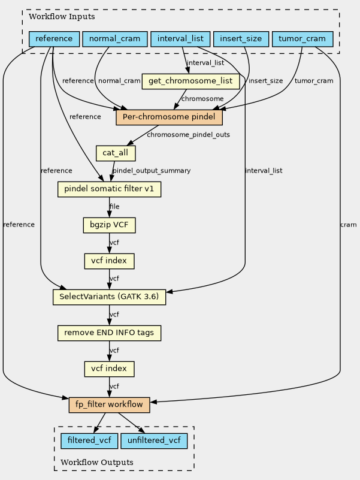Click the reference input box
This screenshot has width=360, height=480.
point(54,39)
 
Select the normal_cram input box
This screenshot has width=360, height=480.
point(115,39)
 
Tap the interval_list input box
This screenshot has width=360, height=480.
point(180,39)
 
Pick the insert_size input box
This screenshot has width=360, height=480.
point(241,39)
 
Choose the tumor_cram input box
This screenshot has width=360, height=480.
point(302,39)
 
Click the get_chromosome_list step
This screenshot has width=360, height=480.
point(190,81)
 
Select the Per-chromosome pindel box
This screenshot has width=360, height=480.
point(169,117)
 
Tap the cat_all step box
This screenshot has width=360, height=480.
point(116,153)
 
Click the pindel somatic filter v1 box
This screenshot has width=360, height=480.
point(109,189)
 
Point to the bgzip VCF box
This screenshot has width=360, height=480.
point(109,225)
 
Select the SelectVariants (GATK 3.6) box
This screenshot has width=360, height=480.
point(109,297)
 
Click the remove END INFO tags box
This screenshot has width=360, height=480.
point(109,333)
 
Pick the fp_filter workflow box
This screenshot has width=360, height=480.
point(109,404)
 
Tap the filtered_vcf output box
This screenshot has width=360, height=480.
point(89,441)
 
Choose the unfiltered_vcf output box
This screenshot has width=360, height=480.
point(154,441)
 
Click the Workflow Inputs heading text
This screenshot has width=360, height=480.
point(62,17)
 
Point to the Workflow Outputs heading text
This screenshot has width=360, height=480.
point(96,462)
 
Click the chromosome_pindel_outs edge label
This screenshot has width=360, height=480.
point(188,135)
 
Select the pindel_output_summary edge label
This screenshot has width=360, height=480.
point(152,171)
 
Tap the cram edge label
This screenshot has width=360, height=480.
point(349,225)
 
